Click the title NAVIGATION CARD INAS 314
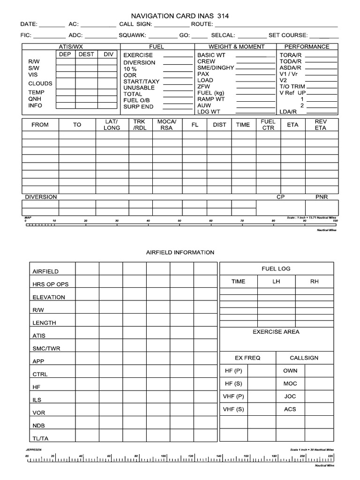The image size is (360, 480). click(x=180, y=15)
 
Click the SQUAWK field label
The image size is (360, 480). click(x=132, y=35)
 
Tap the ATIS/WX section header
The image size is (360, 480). click(x=70, y=47)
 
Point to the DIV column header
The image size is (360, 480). click(x=109, y=54)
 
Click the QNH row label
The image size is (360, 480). click(x=35, y=99)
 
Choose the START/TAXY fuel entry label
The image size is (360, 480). click(x=141, y=81)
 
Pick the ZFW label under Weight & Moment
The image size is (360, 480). click(x=204, y=87)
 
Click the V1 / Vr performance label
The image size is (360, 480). click(x=289, y=74)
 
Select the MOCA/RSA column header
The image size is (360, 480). click(x=166, y=125)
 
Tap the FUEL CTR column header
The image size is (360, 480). click(x=268, y=125)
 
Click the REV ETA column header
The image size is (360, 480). click(x=321, y=125)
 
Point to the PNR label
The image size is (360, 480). click(x=322, y=197)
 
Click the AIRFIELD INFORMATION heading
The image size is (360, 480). click(x=180, y=252)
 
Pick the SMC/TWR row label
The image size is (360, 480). click(x=46, y=349)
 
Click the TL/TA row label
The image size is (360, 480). click(x=40, y=439)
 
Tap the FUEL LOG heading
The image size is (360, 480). click(x=276, y=269)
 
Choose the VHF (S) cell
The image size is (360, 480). click(x=233, y=409)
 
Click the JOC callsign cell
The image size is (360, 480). click(x=290, y=397)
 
